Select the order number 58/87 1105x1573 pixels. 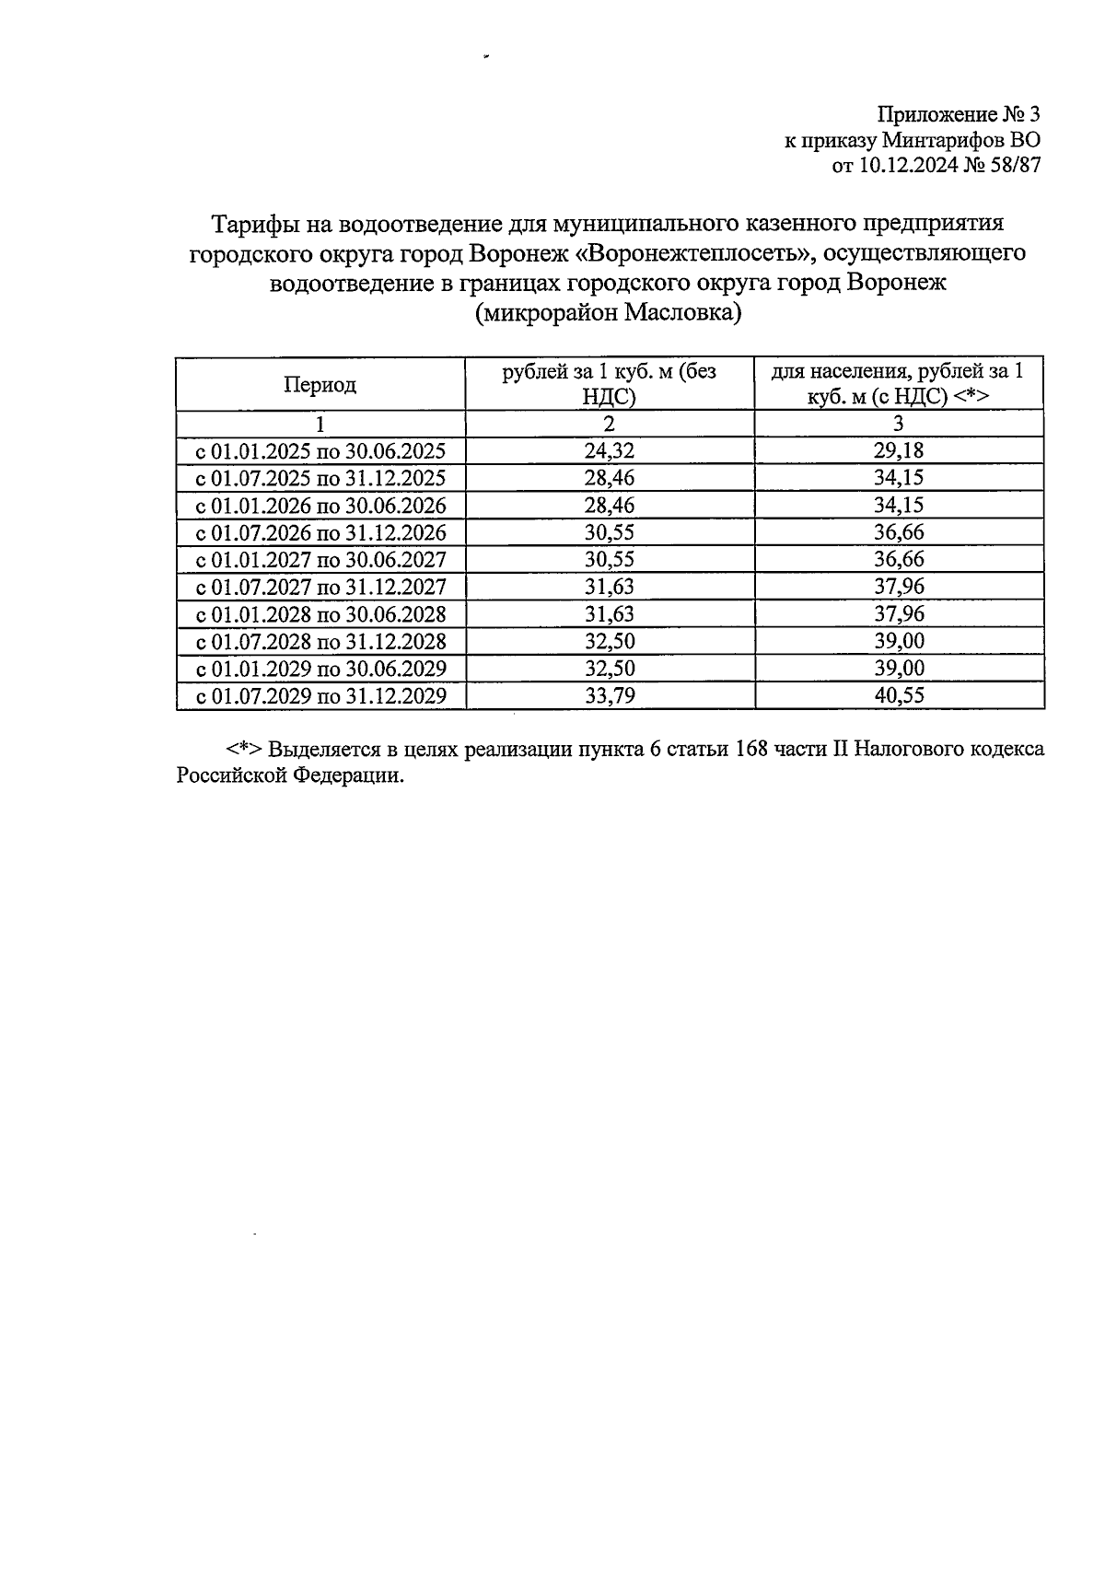coord(1012,167)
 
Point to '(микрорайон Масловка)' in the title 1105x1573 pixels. coord(608,314)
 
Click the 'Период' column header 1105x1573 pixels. coord(320,385)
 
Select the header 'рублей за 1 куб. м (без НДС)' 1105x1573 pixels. coord(609,384)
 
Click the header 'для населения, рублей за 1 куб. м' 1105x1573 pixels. coord(898,384)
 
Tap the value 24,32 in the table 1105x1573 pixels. coord(609,450)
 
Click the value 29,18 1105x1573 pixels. coord(899,450)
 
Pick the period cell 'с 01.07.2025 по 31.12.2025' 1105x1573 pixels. coord(320,478)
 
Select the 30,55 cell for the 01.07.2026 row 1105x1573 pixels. coord(609,532)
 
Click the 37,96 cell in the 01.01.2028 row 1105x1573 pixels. coord(899,613)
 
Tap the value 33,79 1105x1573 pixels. coord(609,695)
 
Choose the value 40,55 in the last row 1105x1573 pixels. coord(899,695)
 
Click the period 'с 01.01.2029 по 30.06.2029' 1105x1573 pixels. coord(320,669)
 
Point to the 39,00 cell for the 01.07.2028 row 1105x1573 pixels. coord(899,641)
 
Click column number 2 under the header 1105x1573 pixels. coord(609,424)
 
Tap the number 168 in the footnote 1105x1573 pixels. coord(754,748)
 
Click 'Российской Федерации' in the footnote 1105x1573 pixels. coord(291,775)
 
